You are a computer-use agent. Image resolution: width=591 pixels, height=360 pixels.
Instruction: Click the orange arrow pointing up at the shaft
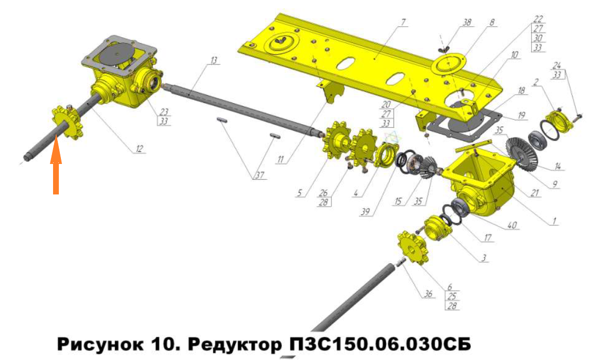point(56,166)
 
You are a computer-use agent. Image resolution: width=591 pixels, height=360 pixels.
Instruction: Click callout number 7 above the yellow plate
point(403,22)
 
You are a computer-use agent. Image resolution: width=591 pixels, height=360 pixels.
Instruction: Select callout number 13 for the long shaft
point(214,60)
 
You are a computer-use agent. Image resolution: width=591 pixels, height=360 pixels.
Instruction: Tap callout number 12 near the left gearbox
point(139,149)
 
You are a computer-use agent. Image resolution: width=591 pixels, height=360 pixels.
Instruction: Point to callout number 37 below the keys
point(260,176)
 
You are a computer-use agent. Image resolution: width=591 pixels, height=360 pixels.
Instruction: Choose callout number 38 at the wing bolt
point(466,22)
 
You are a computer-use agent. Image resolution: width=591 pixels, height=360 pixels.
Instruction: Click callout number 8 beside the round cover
point(492,22)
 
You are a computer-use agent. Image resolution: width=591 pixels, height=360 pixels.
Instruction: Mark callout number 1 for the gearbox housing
point(554,221)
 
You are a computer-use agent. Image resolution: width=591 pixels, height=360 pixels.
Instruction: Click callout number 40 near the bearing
point(512,225)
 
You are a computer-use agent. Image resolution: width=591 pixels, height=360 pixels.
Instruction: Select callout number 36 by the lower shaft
point(428,294)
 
